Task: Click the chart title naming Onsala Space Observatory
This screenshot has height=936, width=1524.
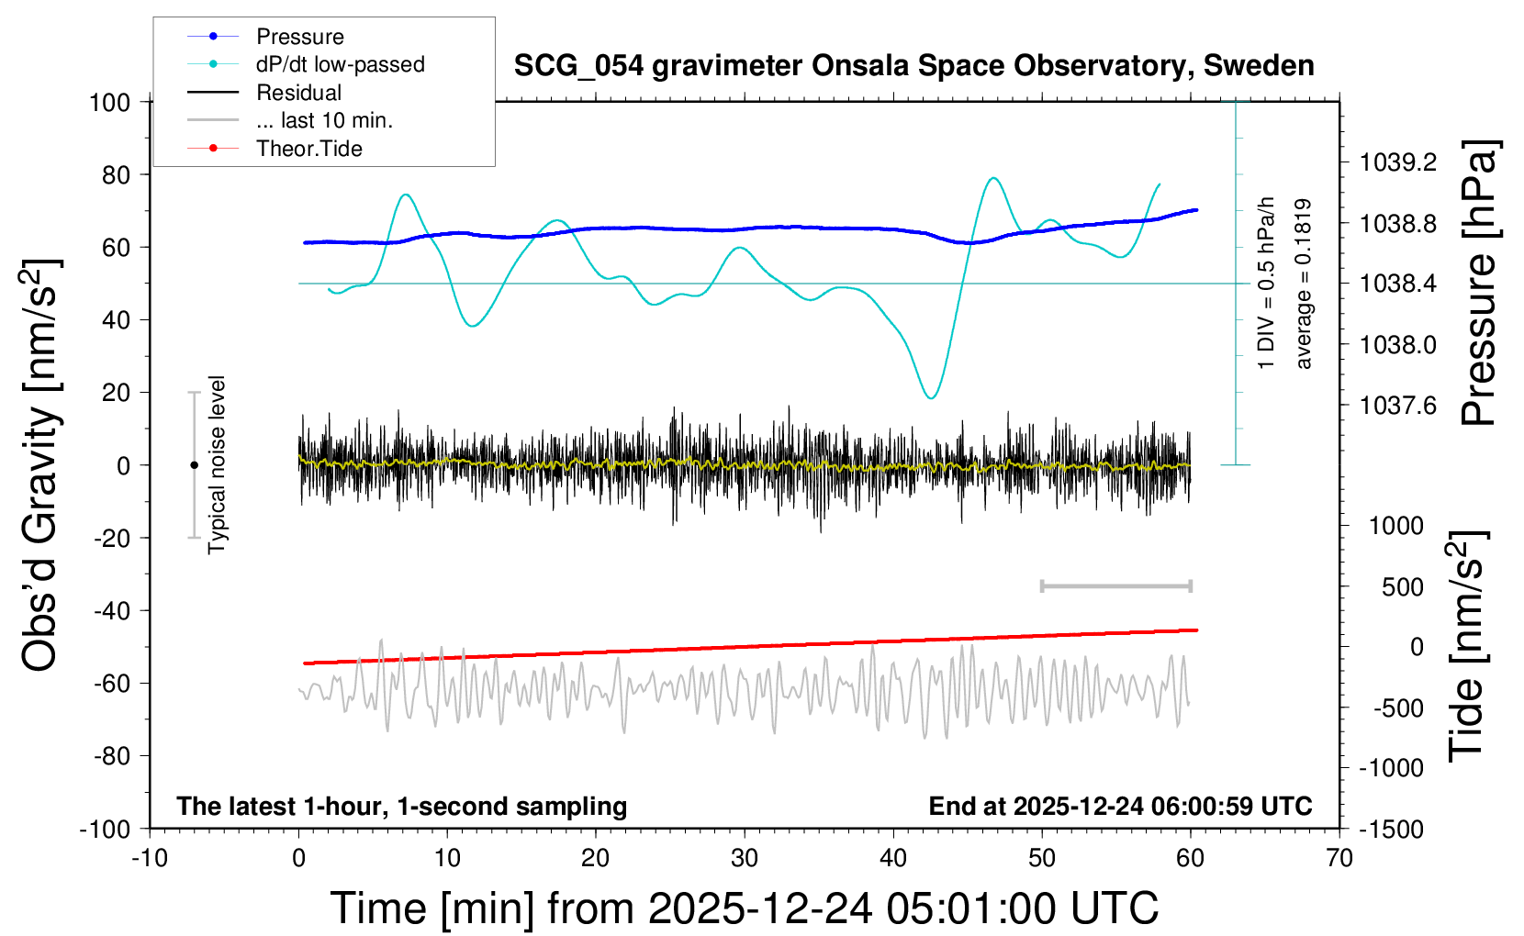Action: [x=913, y=66]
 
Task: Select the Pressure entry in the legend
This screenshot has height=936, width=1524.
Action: [x=299, y=37]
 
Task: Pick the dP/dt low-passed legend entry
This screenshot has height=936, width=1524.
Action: [x=340, y=64]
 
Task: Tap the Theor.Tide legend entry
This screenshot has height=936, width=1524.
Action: [x=308, y=149]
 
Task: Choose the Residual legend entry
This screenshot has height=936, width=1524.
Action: [x=298, y=93]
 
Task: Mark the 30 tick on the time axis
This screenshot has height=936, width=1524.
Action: [x=745, y=858]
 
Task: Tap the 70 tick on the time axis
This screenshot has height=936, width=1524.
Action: [x=1339, y=858]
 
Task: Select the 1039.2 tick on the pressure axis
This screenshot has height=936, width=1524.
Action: [x=1398, y=162]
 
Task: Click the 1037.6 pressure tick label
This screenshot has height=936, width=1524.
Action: [x=1398, y=406]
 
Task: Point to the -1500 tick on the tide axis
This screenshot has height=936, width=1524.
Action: [x=1391, y=830]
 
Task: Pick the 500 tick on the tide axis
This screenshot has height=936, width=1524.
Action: [x=1403, y=586]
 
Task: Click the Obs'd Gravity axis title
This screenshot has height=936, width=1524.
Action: [x=40, y=465]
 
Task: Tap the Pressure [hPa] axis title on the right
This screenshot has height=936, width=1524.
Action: [x=1479, y=283]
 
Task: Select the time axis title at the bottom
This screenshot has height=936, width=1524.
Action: [x=745, y=908]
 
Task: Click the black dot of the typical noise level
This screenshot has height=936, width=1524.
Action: [x=194, y=465]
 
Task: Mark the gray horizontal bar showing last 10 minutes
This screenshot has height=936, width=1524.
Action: [x=1116, y=586]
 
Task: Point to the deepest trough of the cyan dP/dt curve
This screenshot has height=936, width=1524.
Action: [x=932, y=397]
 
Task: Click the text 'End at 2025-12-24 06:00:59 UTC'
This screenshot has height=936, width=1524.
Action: [x=1120, y=807]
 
